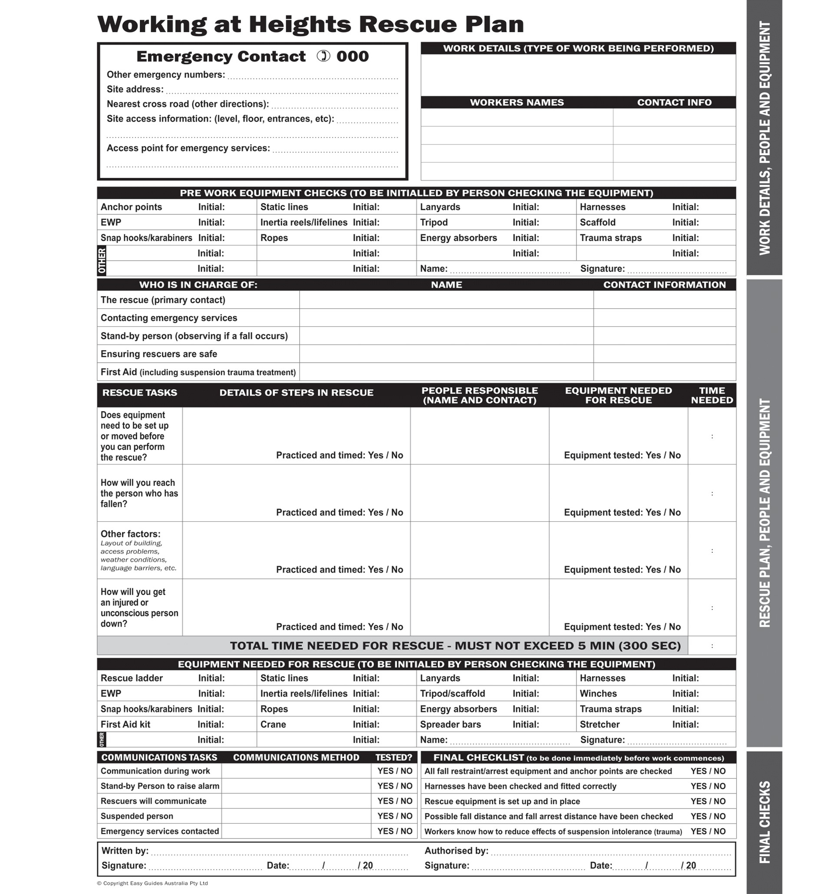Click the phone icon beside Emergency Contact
point(323,56)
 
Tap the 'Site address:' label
point(135,89)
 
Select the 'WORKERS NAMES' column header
point(517,102)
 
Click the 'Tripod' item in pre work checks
point(434,222)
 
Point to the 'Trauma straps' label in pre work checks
point(610,238)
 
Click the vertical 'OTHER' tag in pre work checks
point(102,261)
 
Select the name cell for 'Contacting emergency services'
point(446,318)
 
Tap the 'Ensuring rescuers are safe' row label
point(158,354)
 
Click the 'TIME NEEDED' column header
point(712,395)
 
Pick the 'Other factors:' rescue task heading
point(131,534)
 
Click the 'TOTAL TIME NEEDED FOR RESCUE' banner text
point(455,645)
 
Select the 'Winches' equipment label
point(598,694)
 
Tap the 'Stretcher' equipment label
point(599,724)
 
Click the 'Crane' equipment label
point(273,724)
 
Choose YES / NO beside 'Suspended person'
point(395,816)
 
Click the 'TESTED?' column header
point(394,757)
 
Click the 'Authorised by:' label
point(456,851)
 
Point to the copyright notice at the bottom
point(152,883)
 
